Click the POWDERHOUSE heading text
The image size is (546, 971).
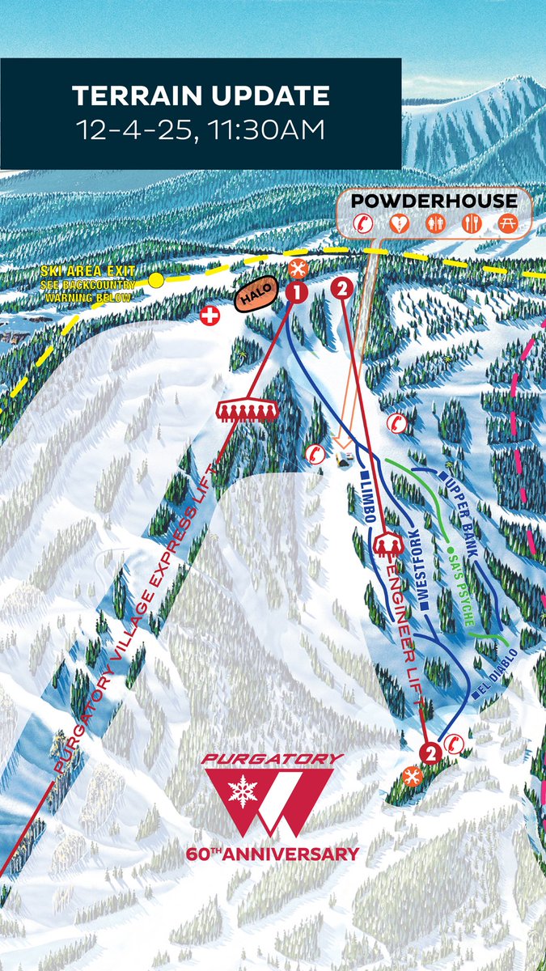point(434,199)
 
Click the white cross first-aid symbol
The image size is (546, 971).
point(210,316)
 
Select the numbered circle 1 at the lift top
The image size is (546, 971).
point(297,291)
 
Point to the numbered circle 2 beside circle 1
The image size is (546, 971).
point(342,286)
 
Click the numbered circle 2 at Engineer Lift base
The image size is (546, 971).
point(430,753)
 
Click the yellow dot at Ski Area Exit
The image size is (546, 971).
point(156,280)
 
